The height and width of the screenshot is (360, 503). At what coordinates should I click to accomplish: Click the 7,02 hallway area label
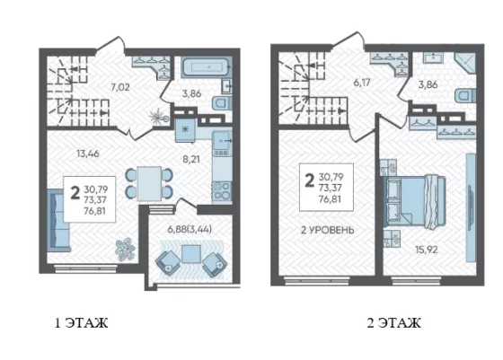120,87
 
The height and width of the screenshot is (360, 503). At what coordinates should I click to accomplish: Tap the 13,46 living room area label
88,154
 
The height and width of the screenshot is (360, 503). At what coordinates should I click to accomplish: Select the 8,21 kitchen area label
191,159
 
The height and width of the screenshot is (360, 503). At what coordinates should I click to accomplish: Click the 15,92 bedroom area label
427,249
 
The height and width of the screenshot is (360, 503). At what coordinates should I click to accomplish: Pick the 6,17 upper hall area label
362,83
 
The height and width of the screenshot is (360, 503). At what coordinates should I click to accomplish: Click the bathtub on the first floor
207,67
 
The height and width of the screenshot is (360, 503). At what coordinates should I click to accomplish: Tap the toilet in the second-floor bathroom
465,95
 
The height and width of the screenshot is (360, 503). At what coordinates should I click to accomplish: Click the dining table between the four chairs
149,184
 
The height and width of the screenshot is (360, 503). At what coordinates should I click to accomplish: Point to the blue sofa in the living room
58,221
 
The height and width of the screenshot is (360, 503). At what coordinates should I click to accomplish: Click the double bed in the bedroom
415,201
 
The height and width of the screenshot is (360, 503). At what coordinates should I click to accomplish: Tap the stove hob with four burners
222,190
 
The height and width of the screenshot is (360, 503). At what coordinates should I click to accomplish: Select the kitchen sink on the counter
222,141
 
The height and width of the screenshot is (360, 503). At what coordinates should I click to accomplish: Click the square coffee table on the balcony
191,254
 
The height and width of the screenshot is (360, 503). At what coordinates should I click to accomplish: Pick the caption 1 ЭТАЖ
82,323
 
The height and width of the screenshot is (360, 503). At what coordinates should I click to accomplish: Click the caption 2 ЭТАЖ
394,323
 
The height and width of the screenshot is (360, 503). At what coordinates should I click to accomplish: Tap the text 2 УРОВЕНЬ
327,230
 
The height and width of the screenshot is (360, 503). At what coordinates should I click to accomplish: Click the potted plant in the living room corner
124,250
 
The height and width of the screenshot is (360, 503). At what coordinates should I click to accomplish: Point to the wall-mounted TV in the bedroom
471,207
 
